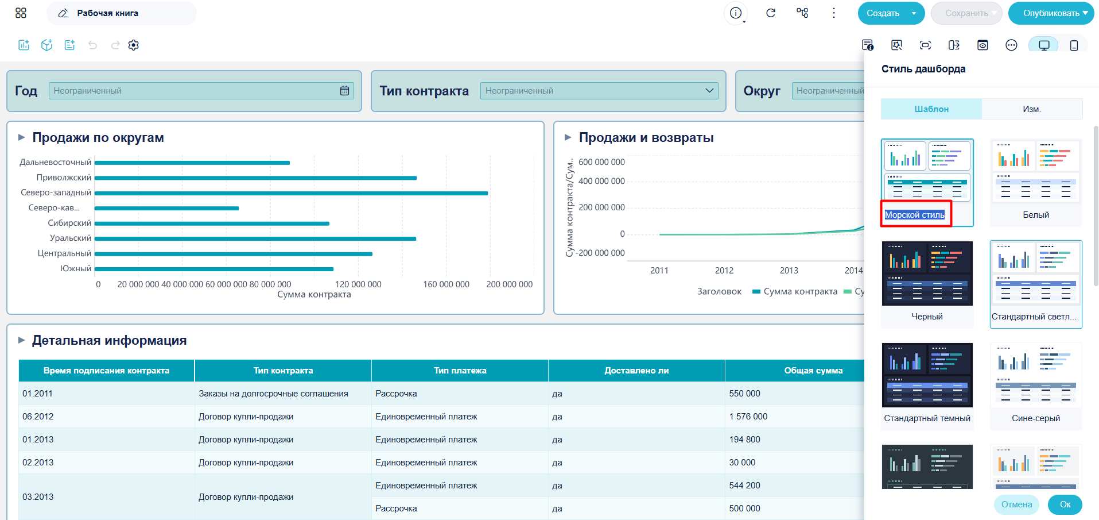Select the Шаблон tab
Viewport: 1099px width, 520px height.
(x=931, y=109)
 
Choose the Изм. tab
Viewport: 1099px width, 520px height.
(x=1032, y=109)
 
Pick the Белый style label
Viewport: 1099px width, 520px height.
(x=1036, y=215)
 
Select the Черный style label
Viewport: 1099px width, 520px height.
(x=927, y=317)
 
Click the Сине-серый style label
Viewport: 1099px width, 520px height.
(x=1036, y=418)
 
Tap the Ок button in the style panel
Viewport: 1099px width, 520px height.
(x=1065, y=504)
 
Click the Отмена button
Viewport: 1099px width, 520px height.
(x=1016, y=504)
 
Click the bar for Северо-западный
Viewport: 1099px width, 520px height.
(x=292, y=193)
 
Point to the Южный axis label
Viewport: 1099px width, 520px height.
(x=76, y=268)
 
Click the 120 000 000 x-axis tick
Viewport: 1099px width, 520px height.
(x=358, y=284)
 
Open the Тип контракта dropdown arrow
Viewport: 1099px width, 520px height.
(x=709, y=91)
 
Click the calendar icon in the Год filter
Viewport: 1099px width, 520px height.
(x=344, y=91)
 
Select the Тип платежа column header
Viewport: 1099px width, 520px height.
(x=460, y=371)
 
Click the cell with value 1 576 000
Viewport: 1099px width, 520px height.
(x=748, y=417)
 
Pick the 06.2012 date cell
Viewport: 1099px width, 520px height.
(x=38, y=417)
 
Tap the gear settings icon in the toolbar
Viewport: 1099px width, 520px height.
(x=134, y=45)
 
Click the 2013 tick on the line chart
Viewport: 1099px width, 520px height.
(x=789, y=271)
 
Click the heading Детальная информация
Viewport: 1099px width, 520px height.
(x=110, y=340)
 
